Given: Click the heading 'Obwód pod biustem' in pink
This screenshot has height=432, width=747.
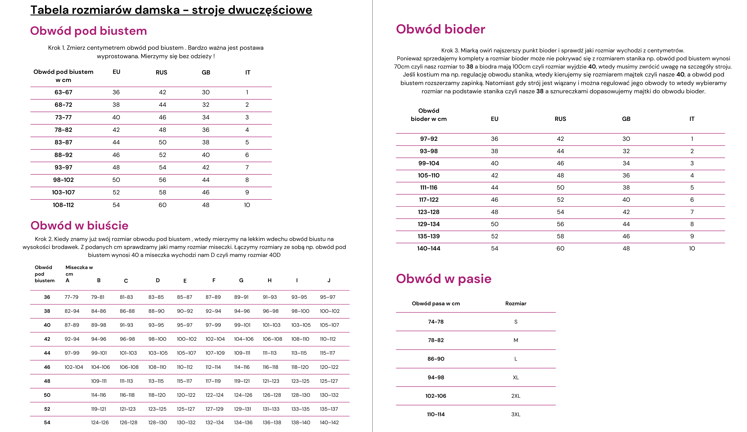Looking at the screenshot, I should (88, 31).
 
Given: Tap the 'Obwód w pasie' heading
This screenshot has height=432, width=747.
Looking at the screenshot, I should (443, 279).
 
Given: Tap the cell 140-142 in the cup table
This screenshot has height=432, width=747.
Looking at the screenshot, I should (329, 423).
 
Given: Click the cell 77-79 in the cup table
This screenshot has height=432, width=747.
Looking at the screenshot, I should (71, 297).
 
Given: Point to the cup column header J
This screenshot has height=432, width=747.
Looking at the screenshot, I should (329, 280).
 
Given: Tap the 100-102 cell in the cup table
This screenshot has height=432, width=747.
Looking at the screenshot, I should (330, 311).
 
